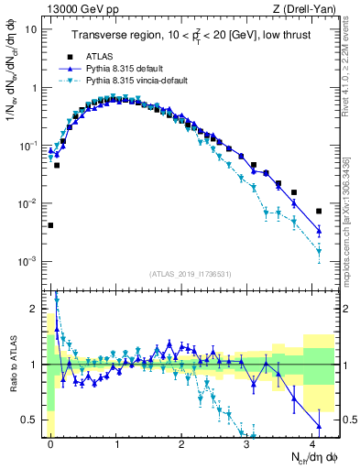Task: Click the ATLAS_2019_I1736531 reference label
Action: point(191,273)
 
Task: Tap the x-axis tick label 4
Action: point(312,442)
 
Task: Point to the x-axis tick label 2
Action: point(182,442)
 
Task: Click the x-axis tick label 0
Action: point(51,442)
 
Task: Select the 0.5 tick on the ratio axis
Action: point(33,420)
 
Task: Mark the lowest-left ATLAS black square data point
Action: point(51,225)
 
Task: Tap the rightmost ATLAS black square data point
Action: point(319,212)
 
